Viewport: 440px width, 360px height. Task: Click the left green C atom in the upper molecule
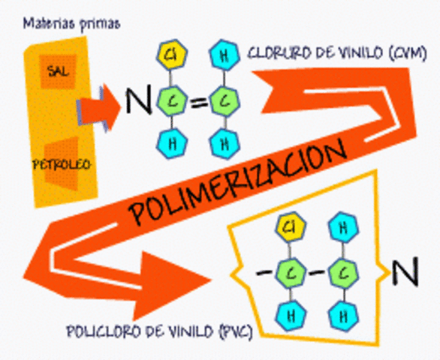pyautogui.click(x=173, y=100)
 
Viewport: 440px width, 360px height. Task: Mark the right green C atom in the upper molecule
pyautogui.click(x=222, y=100)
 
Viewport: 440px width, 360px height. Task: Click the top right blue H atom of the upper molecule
pyautogui.click(x=222, y=55)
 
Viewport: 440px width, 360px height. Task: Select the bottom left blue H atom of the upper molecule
pyautogui.click(x=173, y=142)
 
